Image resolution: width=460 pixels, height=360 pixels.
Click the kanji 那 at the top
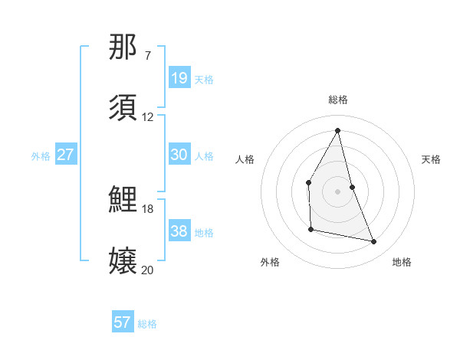(123, 47)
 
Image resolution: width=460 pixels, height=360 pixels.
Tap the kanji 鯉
(123, 200)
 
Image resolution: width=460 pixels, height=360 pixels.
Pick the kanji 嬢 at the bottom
(123, 261)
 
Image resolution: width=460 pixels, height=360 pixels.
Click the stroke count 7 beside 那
(148, 56)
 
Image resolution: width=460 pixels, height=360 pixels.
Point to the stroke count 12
(148, 117)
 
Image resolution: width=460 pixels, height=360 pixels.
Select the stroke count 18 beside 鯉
(148, 208)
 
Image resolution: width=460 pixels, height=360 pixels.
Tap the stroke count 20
(148, 270)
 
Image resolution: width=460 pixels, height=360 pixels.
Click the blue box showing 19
(179, 78)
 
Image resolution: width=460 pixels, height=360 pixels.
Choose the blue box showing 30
(179, 155)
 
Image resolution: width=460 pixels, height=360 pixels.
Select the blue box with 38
(179, 231)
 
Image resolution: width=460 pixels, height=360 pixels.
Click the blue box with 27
(66, 155)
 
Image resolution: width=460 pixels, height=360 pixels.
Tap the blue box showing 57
(123, 323)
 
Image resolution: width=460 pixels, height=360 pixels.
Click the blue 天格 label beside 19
(204, 79)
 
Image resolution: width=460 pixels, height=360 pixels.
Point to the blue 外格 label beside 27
(41, 155)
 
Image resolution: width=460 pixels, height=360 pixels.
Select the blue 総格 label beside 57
(147, 324)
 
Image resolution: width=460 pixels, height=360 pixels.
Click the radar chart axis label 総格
(338, 100)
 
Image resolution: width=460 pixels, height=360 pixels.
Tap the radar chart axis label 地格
(402, 262)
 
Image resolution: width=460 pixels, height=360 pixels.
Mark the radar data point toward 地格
(374, 242)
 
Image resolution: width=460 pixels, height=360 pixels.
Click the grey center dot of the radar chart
(337, 191)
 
